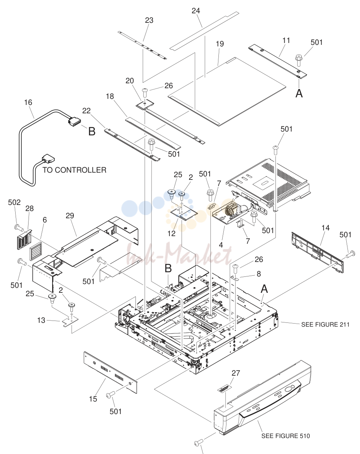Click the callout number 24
(196, 11)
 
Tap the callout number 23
(149, 20)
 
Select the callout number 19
(220, 44)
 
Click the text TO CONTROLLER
(75, 170)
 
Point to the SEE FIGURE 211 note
(325, 325)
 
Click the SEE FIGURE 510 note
(285, 436)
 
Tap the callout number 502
(14, 202)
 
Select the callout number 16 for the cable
(28, 103)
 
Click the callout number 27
(236, 373)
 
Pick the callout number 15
(93, 399)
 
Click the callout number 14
(325, 228)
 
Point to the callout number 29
(70, 216)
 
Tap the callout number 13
(41, 320)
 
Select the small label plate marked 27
(225, 389)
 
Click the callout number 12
(171, 233)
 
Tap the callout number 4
(221, 245)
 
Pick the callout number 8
(259, 274)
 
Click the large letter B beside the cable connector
(92, 131)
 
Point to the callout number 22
(86, 111)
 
